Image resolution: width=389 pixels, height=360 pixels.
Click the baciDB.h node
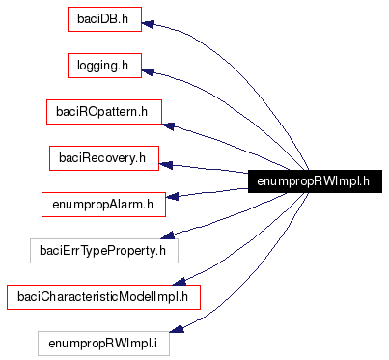click(x=104, y=19)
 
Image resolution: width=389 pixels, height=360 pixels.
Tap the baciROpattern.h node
click(x=104, y=112)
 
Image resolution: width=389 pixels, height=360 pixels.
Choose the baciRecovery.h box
click(x=104, y=157)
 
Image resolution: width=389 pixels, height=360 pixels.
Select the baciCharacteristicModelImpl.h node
click(x=104, y=296)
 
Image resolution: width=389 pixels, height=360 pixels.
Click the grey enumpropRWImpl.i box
click(x=104, y=343)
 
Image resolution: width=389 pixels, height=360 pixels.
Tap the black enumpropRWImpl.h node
click(x=316, y=180)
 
